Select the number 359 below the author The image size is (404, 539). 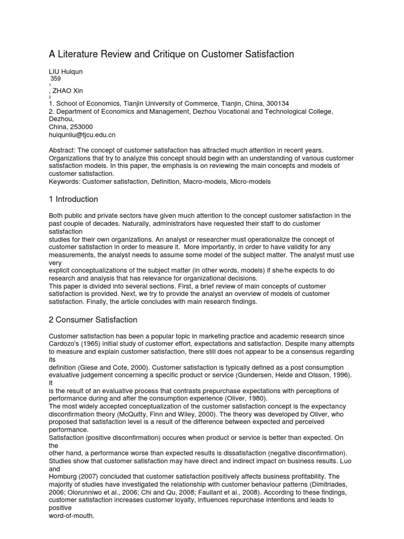coord(55,78)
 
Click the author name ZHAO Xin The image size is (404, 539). coord(68,91)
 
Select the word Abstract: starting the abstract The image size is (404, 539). coord(62,151)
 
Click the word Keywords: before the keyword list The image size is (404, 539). coord(65,182)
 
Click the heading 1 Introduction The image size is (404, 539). coord(73,199)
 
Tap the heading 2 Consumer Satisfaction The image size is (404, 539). coord(93,320)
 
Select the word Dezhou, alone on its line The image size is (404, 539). coord(60,119)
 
